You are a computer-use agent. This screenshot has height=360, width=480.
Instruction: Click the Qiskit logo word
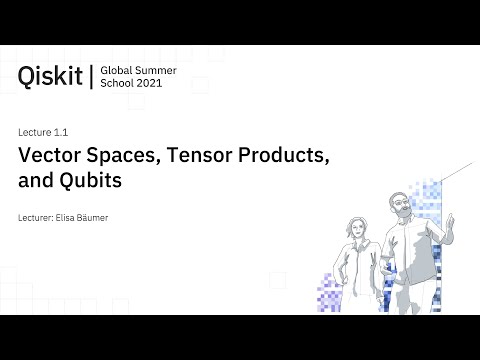click(51, 76)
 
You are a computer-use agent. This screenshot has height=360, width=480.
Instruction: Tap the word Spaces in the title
click(132, 156)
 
